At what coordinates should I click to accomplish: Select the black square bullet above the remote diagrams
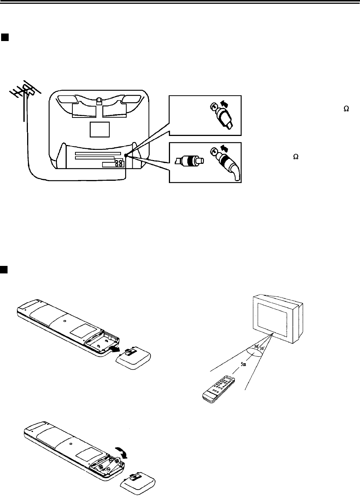click(4, 269)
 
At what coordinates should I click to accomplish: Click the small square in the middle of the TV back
click(100, 129)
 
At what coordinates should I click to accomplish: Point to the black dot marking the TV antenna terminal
click(126, 155)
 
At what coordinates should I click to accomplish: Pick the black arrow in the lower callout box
click(224, 148)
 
